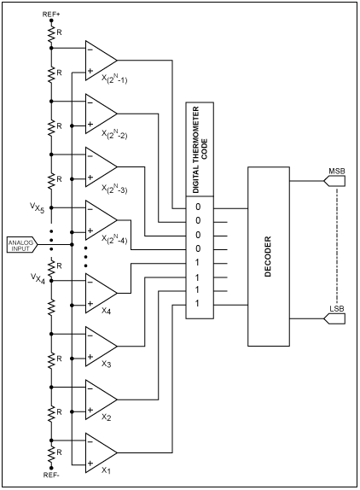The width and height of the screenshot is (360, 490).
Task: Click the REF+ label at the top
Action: point(51,15)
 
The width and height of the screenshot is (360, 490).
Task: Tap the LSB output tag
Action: point(335,319)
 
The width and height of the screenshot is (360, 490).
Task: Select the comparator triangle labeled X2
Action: point(100,398)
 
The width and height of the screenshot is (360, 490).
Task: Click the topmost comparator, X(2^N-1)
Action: point(100,59)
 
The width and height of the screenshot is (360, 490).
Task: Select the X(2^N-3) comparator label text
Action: point(113,188)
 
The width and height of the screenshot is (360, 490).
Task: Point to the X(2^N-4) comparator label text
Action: point(113,241)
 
